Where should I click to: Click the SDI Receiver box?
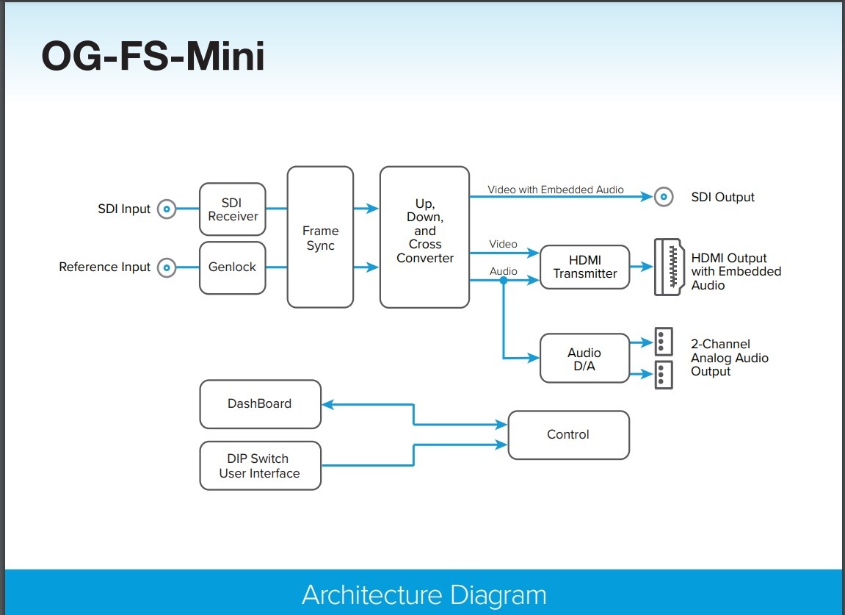pyautogui.click(x=233, y=209)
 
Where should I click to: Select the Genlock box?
pyautogui.click(x=233, y=267)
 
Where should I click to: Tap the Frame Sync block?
pyautogui.click(x=320, y=237)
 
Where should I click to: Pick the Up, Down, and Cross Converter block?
pyautogui.click(x=424, y=237)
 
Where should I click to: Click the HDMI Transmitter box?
pyautogui.click(x=585, y=267)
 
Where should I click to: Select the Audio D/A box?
pyautogui.click(x=584, y=359)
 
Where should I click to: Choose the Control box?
pyautogui.click(x=568, y=435)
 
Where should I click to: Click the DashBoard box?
pyautogui.click(x=260, y=404)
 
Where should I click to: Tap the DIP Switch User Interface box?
pyautogui.click(x=260, y=466)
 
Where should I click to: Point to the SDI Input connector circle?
pyautogui.click(x=167, y=209)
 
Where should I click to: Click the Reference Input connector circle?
pyautogui.click(x=167, y=267)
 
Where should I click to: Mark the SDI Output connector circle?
pyautogui.click(x=664, y=197)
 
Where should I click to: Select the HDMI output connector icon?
pyautogui.click(x=669, y=267)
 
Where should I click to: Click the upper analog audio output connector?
pyautogui.click(x=663, y=341)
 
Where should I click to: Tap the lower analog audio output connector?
pyautogui.click(x=663, y=374)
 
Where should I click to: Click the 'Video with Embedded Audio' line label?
pyautogui.click(x=556, y=190)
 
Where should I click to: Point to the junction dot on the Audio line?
pyautogui.click(x=504, y=280)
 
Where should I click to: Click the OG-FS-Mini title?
pyautogui.click(x=153, y=57)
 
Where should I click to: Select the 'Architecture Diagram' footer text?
pyautogui.click(x=424, y=594)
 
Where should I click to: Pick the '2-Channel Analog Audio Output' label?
pyautogui.click(x=729, y=358)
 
